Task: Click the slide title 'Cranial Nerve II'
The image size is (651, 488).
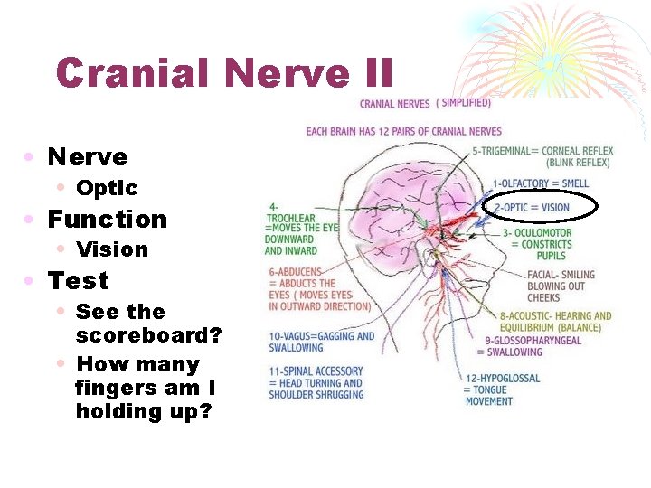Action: [x=224, y=72]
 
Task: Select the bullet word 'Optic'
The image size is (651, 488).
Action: [x=107, y=188]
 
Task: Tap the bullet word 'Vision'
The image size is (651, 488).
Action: [x=112, y=249]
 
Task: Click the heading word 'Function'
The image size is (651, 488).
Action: [x=108, y=220]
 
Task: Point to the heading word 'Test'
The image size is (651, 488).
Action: [x=78, y=281]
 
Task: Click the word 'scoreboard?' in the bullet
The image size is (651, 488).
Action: [x=148, y=335]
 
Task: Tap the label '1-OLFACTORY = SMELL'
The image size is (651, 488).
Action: [x=540, y=183]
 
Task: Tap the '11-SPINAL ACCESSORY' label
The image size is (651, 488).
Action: [x=316, y=382]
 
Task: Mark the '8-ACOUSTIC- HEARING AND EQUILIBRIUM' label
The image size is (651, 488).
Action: [x=555, y=322]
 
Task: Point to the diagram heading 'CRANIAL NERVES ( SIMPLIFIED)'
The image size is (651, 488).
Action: [x=425, y=103]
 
